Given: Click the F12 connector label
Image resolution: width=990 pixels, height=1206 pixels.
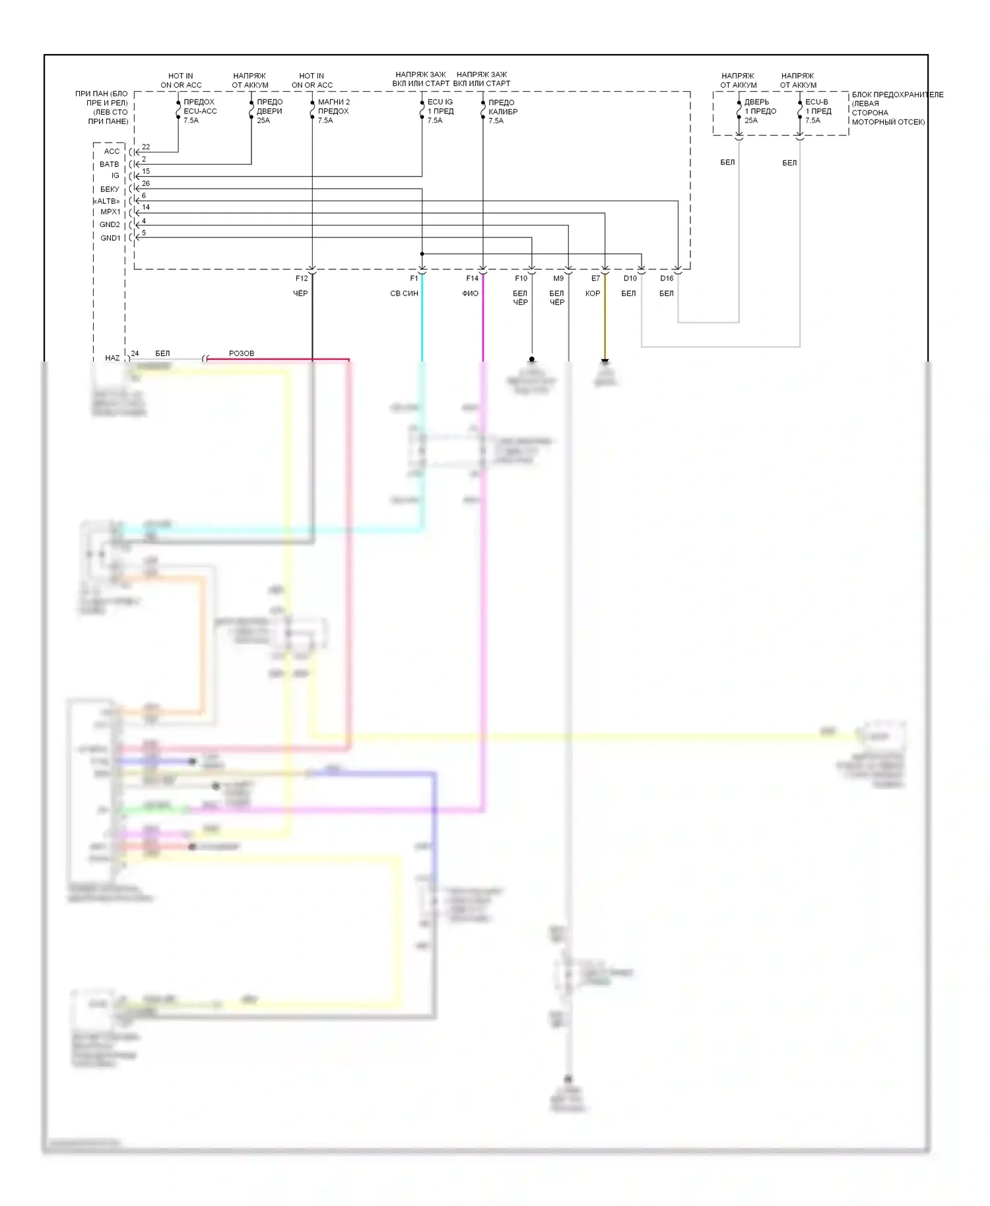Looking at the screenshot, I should point(302,278).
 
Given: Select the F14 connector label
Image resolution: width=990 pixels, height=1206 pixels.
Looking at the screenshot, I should point(472,278).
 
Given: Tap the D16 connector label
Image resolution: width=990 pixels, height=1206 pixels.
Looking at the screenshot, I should point(667,278).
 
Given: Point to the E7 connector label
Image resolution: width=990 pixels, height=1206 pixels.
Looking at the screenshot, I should point(595,278).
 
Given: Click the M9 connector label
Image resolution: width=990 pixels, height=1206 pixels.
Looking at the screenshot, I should point(558,278).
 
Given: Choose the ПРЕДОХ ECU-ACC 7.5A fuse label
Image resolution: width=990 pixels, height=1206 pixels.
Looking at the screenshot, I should point(199,111).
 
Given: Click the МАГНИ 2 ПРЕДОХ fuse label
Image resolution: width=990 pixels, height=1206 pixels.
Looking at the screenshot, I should point(333,111).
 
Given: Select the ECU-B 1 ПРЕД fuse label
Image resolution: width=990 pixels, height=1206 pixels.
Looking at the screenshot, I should point(818,111).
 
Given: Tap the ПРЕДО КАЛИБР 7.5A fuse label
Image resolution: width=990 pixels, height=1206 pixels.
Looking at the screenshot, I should point(502,111).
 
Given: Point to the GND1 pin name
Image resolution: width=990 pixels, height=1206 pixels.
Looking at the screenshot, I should point(110,238).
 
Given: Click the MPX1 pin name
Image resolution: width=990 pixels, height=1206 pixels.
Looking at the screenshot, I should point(110,212).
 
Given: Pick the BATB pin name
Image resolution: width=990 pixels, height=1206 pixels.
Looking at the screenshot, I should point(110,164).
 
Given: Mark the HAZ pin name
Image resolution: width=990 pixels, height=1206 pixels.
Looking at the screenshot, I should point(112,358).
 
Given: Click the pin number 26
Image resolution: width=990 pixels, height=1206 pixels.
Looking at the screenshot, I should point(146,183).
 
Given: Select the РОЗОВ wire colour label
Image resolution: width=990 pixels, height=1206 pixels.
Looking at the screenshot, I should point(242,354).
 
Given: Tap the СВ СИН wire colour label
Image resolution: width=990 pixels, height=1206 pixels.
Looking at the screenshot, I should point(404,294).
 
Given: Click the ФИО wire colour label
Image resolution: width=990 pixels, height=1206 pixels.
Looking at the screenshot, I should point(470,294).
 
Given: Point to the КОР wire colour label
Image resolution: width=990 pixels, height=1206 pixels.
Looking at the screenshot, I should point(593,294).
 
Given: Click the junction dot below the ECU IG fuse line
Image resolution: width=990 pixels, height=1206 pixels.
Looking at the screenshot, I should point(422,254).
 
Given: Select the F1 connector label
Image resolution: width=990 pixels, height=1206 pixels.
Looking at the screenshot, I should point(414,278).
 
